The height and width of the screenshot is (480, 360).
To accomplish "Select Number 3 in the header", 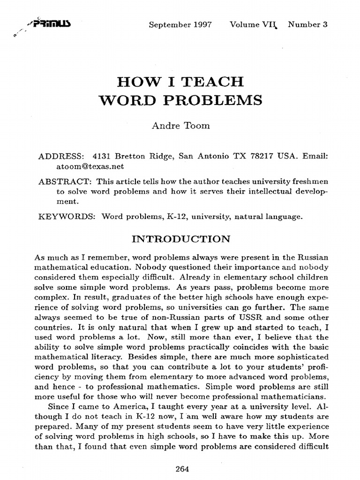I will [307, 25].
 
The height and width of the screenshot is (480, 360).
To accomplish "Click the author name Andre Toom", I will [180, 126].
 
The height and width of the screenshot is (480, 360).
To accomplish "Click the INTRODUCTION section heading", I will [180, 239].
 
